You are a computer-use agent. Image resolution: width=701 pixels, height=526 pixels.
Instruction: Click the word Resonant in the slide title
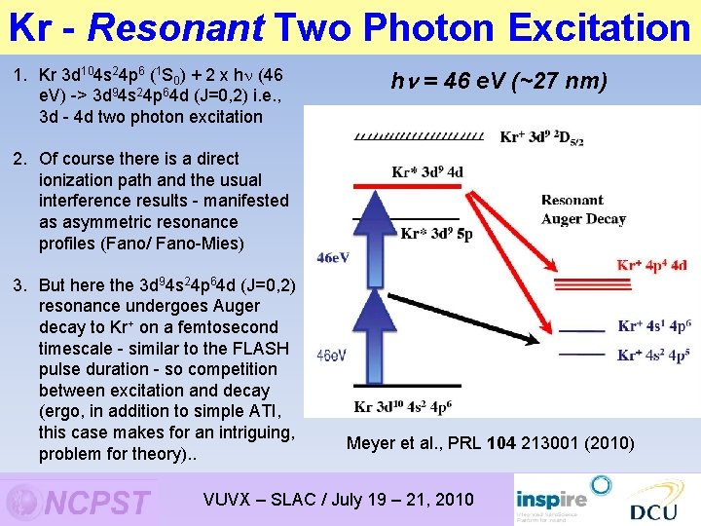pos(175,28)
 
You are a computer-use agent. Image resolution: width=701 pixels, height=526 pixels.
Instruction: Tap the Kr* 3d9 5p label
pos(437,234)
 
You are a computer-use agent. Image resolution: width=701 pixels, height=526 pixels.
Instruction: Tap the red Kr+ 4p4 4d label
pos(652,265)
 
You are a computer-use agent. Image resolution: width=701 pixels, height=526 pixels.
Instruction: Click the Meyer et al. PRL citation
pos(490,443)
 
